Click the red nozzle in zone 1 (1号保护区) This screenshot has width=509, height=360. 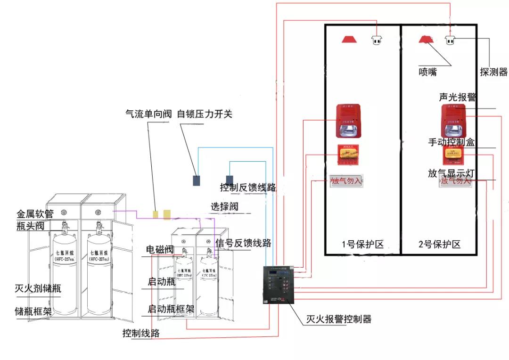(x=350, y=39)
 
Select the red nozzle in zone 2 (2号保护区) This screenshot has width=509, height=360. (x=425, y=39)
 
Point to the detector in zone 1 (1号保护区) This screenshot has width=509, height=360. (x=376, y=40)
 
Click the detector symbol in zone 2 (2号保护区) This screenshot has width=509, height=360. (x=450, y=40)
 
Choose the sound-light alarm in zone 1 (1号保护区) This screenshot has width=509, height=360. (x=348, y=121)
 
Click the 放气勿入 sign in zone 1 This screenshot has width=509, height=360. (x=346, y=181)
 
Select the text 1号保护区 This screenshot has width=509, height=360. (x=362, y=244)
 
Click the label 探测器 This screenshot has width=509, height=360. (x=493, y=72)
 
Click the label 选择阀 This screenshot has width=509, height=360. (x=224, y=206)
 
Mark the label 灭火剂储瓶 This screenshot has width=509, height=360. (x=38, y=288)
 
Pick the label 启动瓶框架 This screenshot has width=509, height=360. (x=171, y=310)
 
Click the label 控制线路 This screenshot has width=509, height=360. (x=141, y=333)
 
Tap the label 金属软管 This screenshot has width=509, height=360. (x=35, y=214)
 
